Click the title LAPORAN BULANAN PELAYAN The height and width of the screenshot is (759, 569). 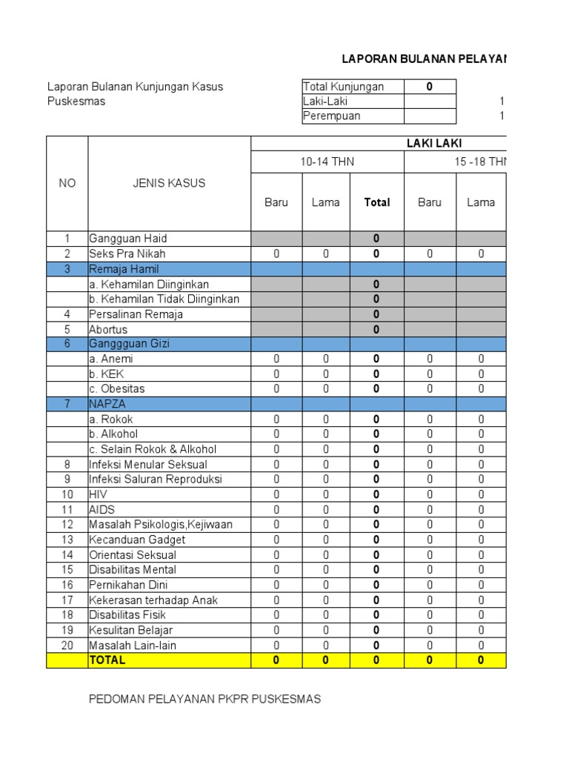[424, 59]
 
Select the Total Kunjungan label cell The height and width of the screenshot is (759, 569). [344, 87]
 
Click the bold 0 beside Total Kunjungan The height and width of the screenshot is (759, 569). [430, 87]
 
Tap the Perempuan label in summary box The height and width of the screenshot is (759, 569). [332, 116]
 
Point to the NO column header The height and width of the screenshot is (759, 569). [67, 183]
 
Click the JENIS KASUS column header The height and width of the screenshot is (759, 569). [169, 183]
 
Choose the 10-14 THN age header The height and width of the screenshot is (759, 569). [327, 162]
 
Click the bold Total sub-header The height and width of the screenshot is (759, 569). [376, 202]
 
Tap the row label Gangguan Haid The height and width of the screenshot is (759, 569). [128, 239]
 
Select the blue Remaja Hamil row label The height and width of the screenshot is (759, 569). [124, 269]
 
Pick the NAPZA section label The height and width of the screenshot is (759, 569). [107, 404]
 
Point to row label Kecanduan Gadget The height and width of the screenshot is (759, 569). [137, 540]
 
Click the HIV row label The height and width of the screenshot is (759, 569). [98, 494]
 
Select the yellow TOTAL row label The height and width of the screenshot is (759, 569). [107, 660]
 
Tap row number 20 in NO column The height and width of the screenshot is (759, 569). [67, 645]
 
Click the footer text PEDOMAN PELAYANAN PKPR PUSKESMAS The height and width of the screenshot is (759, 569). [204, 699]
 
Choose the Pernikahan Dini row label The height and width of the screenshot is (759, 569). [128, 585]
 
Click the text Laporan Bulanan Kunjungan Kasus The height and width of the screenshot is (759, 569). [135, 87]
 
